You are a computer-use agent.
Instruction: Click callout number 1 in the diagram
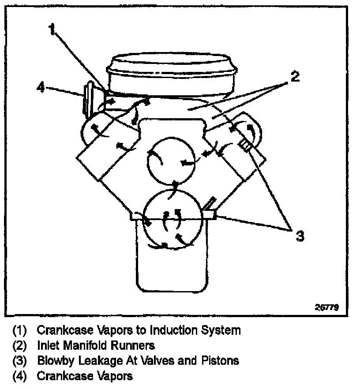[x=52, y=30]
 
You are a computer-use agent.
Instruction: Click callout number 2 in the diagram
[x=295, y=78]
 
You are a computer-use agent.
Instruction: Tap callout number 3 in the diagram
[x=300, y=236]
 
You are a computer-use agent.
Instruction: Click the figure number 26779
[x=326, y=307]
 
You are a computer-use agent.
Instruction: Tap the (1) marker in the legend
[x=20, y=330]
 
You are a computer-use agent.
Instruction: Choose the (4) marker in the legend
[x=20, y=376]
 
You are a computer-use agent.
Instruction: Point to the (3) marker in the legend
[x=20, y=360]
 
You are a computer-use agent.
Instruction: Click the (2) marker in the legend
[x=20, y=345]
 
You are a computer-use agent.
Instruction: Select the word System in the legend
[x=223, y=330]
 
